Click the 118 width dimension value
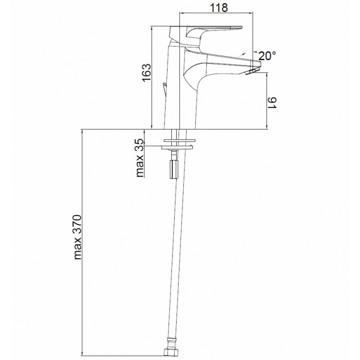(x=219, y=7)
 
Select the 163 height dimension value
(x=147, y=72)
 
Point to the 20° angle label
(x=267, y=56)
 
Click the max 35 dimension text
(x=140, y=158)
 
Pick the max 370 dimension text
(x=78, y=237)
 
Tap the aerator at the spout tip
(x=252, y=71)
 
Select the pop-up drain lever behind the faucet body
(x=164, y=91)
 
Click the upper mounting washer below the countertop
(x=180, y=140)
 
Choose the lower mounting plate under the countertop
(x=177, y=147)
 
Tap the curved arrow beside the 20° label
(x=242, y=54)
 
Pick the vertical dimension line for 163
(x=152, y=78)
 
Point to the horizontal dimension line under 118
(x=216, y=12)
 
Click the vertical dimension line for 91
(x=266, y=101)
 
